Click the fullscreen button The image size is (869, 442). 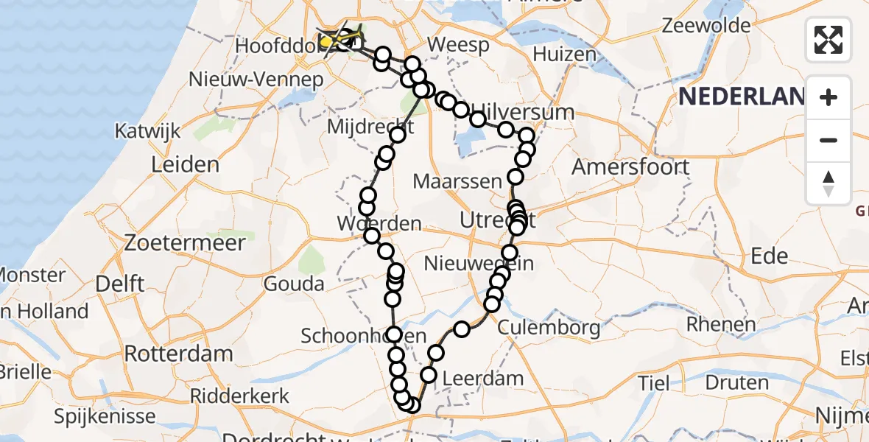point(828,39)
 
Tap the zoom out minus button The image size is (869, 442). point(828,140)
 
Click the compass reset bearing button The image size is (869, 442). point(828,183)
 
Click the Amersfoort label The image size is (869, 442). point(630,166)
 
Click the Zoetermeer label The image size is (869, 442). point(185,242)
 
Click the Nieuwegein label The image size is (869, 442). point(479,263)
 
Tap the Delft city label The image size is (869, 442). point(120,284)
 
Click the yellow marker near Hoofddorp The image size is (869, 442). point(327,42)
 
